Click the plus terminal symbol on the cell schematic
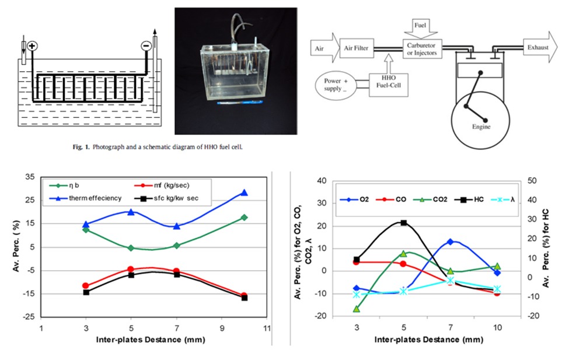pyautogui.click(x=32, y=46)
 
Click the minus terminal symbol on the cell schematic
pyautogui.click(x=146, y=46)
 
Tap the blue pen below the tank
pyautogui.click(x=240, y=103)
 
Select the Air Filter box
pyautogui.click(x=357, y=48)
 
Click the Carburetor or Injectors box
pyautogui.click(x=422, y=49)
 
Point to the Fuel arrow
pyautogui.click(x=420, y=29)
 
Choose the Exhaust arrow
pyautogui.click(x=540, y=47)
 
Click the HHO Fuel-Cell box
pyautogui.click(x=388, y=85)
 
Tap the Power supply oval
pyautogui.click(x=336, y=85)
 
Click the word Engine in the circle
pyautogui.click(x=481, y=127)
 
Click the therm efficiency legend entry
pyautogui.click(x=86, y=198)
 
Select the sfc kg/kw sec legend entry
pyautogui.click(x=166, y=198)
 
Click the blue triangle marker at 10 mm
pyautogui.click(x=244, y=193)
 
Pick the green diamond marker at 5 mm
pyautogui.click(x=131, y=248)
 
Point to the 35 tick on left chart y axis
pyautogui.click(x=30, y=177)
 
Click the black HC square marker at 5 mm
pyautogui.click(x=403, y=223)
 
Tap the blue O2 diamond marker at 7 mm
pyautogui.click(x=451, y=242)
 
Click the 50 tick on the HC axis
pyautogui.click(x=533, y=181)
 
